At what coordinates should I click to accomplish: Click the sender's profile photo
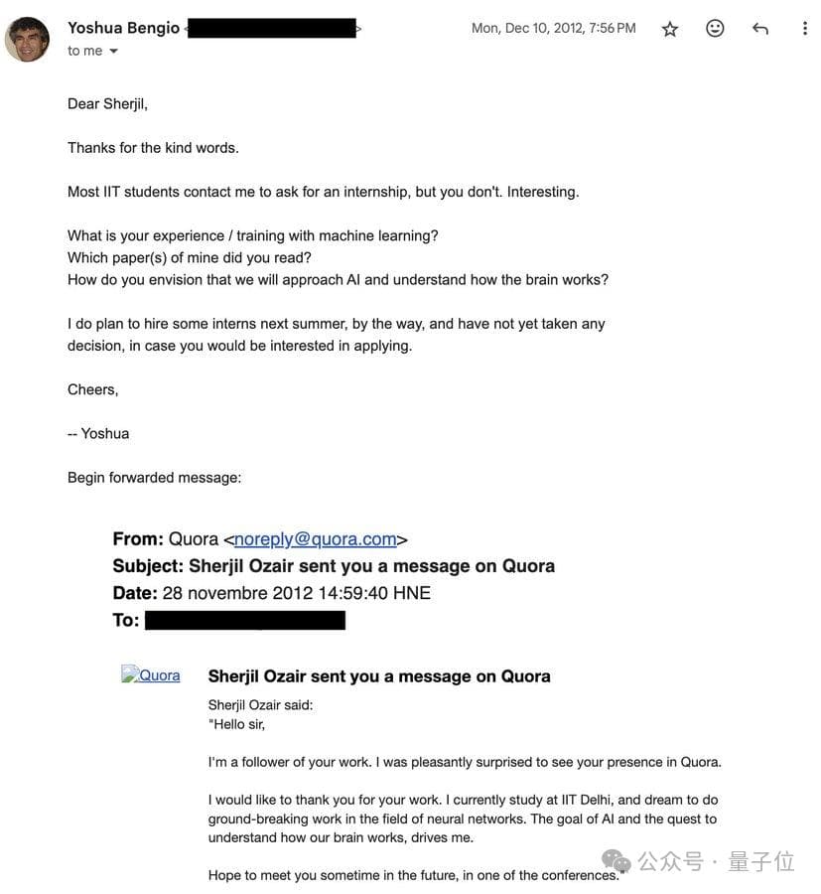point(27,39)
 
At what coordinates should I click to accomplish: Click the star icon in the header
point(670,29)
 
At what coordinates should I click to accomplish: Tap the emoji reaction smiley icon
point(715,29)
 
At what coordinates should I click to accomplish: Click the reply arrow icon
point(760,29)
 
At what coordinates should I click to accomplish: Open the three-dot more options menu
point(805,29)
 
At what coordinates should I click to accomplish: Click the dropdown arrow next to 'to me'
point(113,51)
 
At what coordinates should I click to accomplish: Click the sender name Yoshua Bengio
point(123,28)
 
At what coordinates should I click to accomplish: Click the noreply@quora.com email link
point(315,538)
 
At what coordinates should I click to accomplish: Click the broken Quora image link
point(151,675)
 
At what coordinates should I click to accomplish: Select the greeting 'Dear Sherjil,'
point(107,103)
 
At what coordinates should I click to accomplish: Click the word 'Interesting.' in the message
point(543,191)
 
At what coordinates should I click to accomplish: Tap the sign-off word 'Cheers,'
point(92,389)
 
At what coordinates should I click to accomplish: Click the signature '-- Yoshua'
point(98,433)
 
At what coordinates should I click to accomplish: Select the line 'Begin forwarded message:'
point(154,477)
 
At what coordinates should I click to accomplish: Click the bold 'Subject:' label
point(147,565)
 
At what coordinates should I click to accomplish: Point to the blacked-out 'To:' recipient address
point(245,620)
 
